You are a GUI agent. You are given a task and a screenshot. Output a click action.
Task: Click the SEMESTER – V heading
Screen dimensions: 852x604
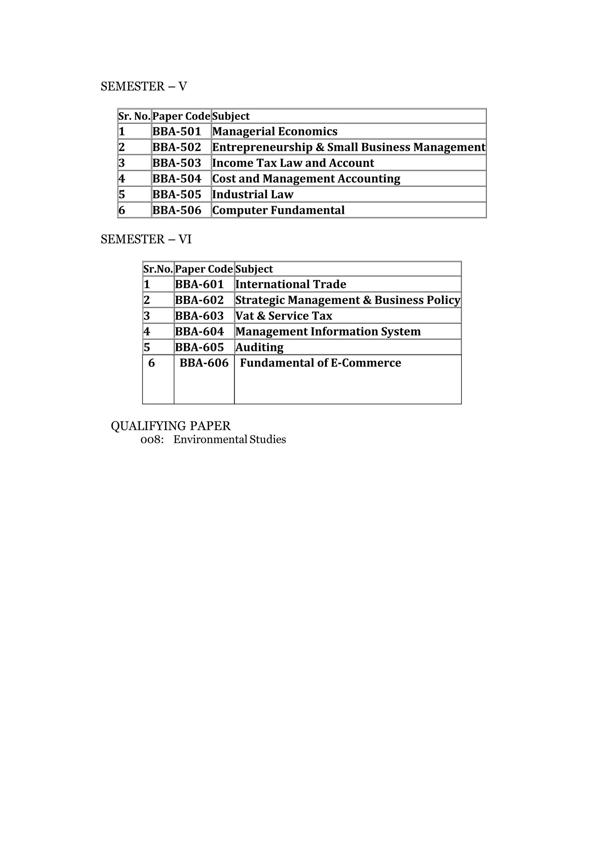point(144,87)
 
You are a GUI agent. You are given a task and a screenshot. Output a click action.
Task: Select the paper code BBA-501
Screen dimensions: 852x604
point(177,131)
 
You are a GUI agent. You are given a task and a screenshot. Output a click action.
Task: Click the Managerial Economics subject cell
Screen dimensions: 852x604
point(275,131)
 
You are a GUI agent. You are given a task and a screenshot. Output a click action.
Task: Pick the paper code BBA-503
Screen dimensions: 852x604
point(177,163)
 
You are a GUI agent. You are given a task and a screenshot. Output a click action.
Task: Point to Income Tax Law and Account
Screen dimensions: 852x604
point(293,163)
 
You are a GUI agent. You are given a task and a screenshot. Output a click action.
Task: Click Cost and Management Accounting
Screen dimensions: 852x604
point(306,179)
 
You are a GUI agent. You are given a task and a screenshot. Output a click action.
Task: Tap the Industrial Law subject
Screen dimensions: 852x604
point(253,195)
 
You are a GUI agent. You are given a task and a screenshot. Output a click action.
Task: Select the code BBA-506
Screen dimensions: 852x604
point(177,210)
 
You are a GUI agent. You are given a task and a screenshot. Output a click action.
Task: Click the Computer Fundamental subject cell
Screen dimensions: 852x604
point(278,210)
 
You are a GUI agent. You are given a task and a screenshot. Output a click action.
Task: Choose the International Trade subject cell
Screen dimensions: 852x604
point(291,284)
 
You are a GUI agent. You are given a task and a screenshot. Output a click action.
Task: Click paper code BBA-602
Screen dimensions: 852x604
point(200,300)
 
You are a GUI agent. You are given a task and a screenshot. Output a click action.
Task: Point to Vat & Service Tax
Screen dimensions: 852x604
point(284,316)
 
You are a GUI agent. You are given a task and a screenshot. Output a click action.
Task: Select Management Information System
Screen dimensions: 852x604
point(328,332)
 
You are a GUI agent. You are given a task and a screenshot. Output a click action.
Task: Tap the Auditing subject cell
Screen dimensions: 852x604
point(260,348)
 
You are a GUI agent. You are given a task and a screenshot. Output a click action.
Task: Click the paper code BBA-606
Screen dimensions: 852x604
point(204,363)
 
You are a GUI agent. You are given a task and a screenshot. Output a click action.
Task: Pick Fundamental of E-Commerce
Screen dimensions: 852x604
point(321,363)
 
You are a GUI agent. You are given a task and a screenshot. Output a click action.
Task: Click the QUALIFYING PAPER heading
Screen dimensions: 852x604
point(171,426)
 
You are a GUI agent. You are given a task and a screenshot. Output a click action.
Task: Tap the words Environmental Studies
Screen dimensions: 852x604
point(229,440)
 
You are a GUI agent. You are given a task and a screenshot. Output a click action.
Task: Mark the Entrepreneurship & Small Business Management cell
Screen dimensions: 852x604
point(349,148)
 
